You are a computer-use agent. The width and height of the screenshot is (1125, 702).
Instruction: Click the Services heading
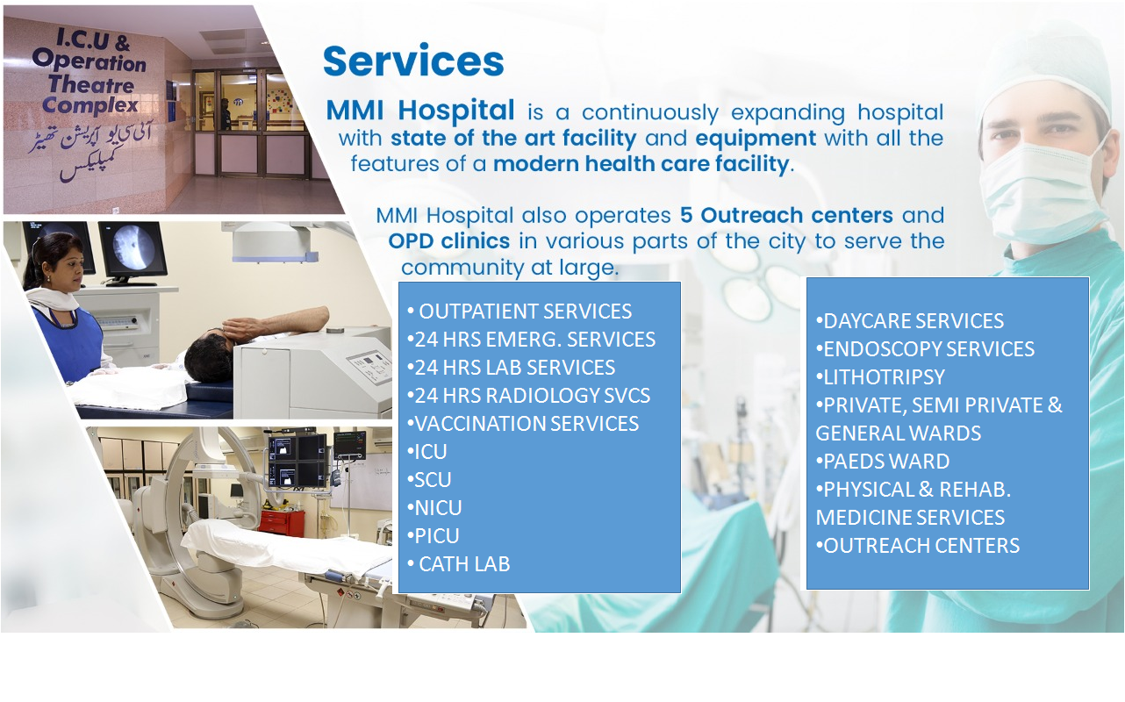point(413,61)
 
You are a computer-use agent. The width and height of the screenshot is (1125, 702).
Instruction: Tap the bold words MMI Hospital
point(420,110)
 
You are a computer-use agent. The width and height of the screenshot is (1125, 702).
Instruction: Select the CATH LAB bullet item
point(459,564)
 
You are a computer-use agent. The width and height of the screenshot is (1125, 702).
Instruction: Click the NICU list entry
point(434,508)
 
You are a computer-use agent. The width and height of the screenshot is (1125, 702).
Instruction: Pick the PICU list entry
point(433,536)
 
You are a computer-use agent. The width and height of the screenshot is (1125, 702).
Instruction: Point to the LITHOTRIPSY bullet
point(880,377)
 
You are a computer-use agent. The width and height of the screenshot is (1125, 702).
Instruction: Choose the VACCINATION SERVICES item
point(523,423)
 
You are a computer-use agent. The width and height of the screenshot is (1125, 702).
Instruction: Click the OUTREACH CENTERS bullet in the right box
point(918,545)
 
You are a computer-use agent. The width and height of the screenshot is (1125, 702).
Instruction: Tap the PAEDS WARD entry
point(883,461)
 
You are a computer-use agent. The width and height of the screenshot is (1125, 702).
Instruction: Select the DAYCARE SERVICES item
point(909,321)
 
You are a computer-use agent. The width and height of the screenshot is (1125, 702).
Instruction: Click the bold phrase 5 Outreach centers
point(786,215)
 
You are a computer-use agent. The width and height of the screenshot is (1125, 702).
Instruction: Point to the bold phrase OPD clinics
point(449,241)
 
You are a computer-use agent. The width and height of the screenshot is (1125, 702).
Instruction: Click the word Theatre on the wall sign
point(91,84)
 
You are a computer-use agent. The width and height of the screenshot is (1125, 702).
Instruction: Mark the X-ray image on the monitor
point(133,248)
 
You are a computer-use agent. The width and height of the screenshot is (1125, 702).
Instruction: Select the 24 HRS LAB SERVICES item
point(511,367)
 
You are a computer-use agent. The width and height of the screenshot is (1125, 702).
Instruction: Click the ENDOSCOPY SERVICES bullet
point(925,349)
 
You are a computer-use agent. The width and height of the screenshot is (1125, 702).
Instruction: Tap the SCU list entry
point(429,479)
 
